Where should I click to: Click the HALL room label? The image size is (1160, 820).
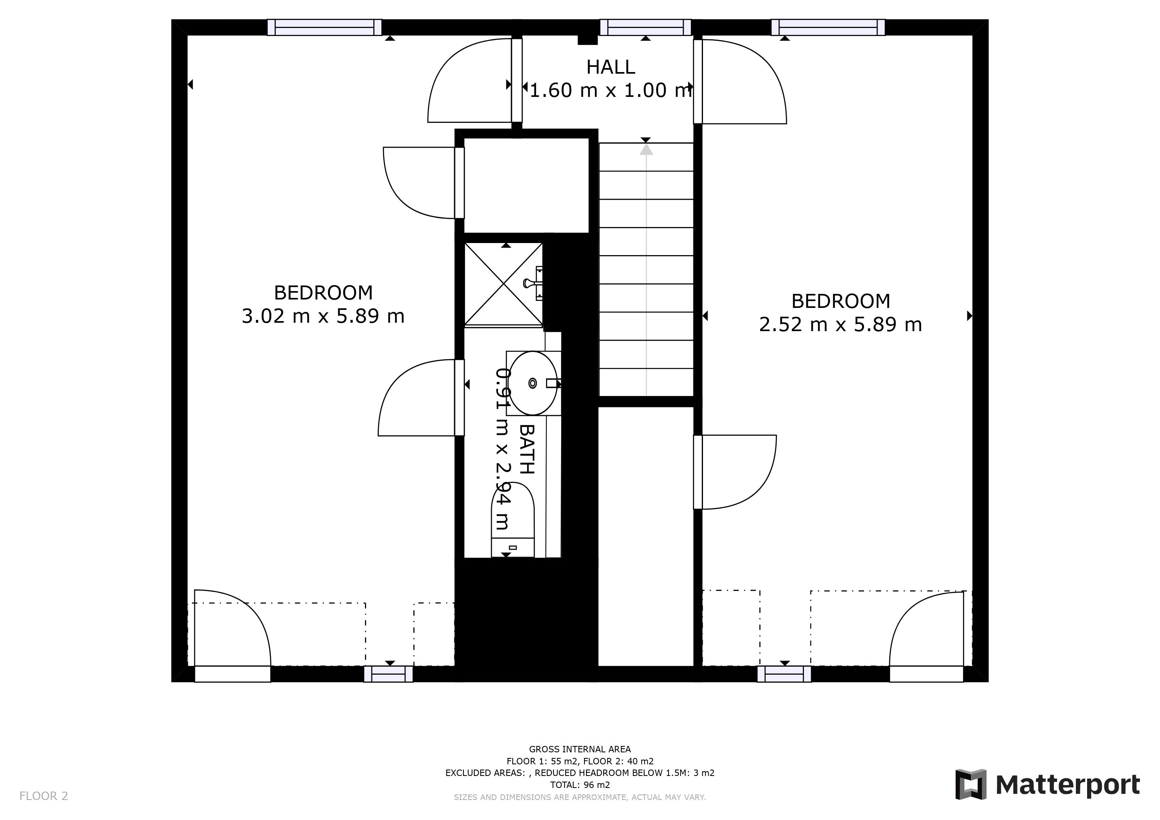point(610,67)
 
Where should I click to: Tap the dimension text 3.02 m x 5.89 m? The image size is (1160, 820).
point(323,317)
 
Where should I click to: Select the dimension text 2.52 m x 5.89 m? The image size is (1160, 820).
point(840,325)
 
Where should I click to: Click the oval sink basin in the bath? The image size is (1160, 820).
point(532,383)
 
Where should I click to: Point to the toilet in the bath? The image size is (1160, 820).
point(513,520)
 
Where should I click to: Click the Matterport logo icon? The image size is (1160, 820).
point(970,784)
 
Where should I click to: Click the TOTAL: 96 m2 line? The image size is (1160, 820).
point(580,785)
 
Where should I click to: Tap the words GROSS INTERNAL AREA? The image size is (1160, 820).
point(580,749)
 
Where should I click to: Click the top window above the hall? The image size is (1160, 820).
point(645,27)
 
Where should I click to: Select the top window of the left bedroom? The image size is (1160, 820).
point(324,27)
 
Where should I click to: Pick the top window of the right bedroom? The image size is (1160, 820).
point(828,27)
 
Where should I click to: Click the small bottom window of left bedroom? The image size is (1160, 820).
point(389,674)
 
